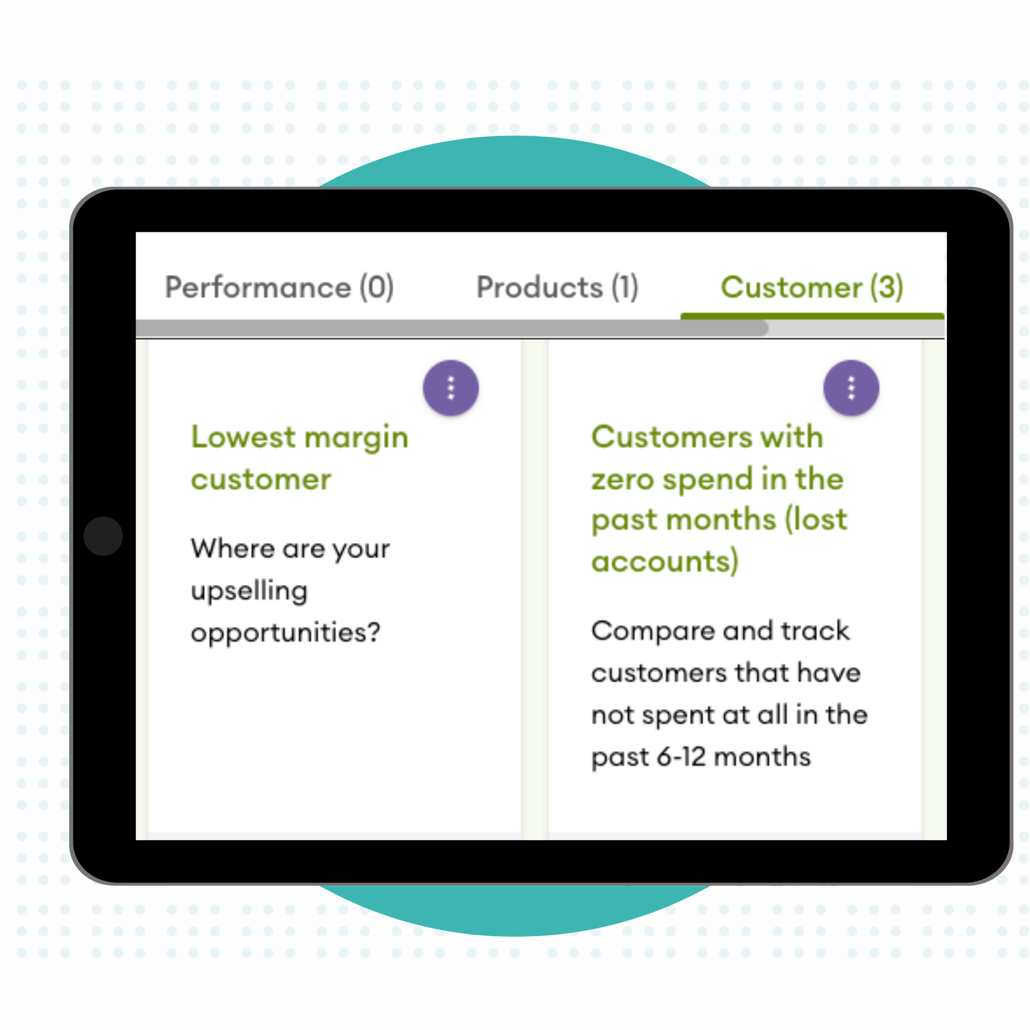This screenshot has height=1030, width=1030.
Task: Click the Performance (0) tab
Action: tap(279, 287)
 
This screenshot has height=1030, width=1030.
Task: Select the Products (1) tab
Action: tap(557, 287)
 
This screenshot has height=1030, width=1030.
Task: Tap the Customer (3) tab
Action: tap(812, 287)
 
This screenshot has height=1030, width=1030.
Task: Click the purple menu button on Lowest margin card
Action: tap(451, 387)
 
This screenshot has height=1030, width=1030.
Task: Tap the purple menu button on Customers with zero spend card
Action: tap(851, 387)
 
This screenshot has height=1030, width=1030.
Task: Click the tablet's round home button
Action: tap(103, 536)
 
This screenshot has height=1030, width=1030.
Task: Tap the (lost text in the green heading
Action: tap(816, 520)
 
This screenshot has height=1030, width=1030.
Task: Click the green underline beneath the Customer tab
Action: tap(812, 316)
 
